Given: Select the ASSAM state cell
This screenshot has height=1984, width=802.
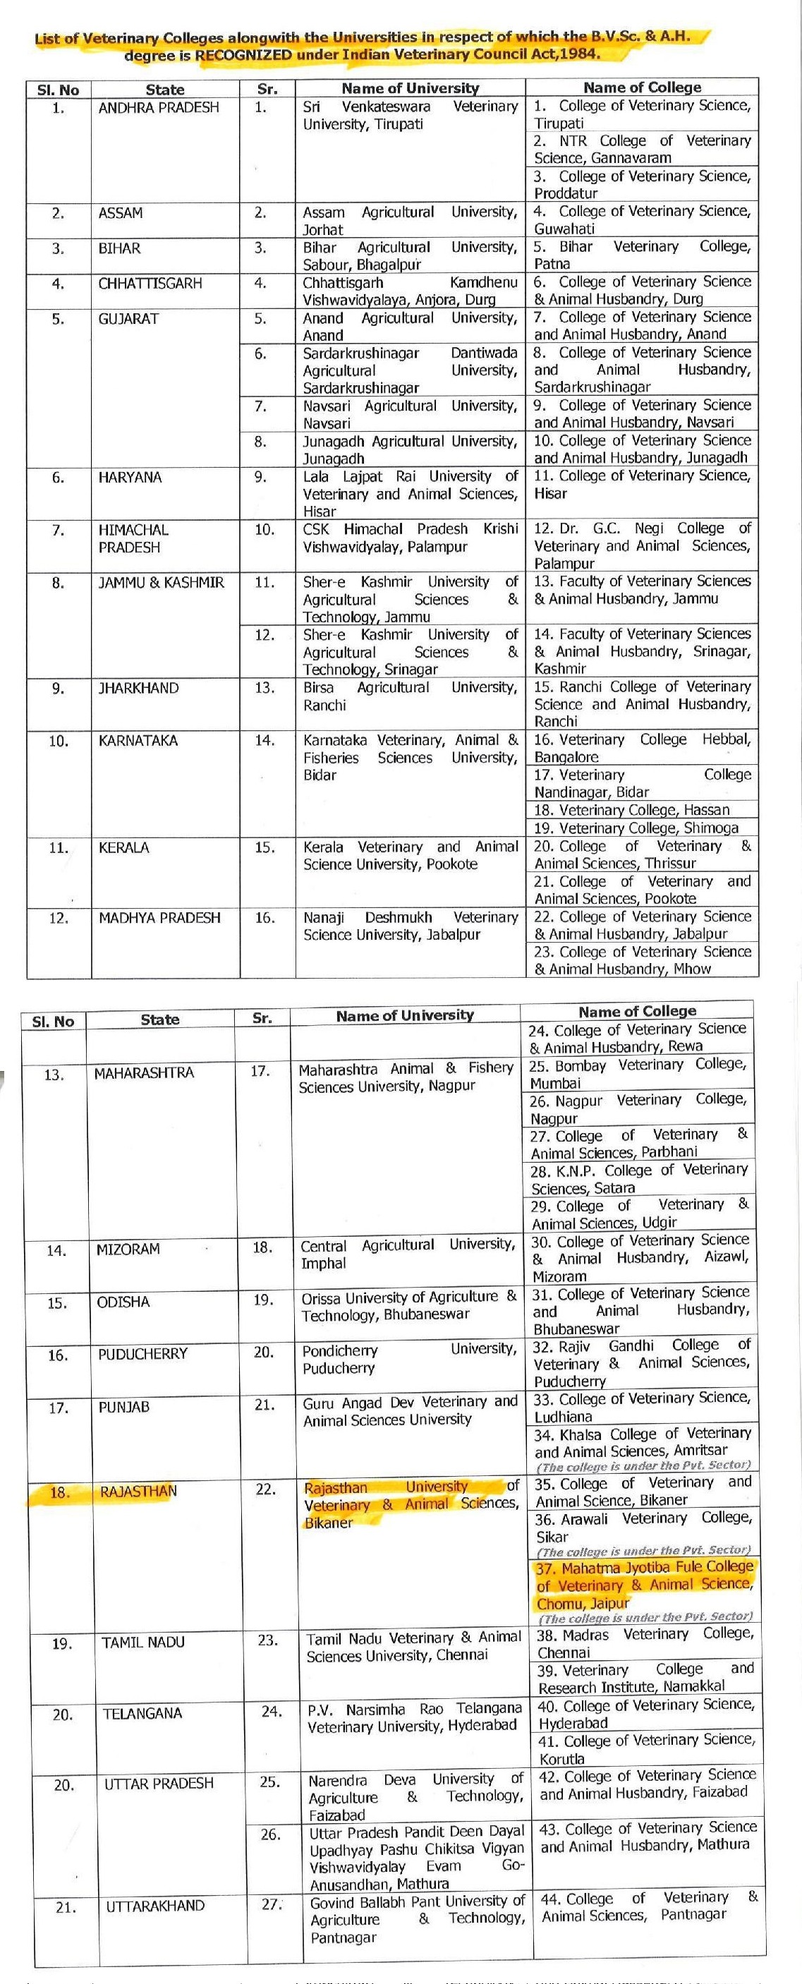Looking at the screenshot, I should click(x=121, y=213).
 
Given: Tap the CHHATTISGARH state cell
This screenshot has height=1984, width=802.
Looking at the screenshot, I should click(x=150, y=284).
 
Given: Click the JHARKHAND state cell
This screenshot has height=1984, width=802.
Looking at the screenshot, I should click(x=138, y=688).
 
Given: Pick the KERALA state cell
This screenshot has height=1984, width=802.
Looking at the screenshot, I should click(x=121, y=847).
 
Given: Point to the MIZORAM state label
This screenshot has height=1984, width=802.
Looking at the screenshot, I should click(x=128, y=1249).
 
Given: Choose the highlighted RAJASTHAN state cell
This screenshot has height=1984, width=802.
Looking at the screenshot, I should click(x=138, y=1491).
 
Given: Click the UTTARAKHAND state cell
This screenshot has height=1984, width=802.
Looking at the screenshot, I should click(x=155, y=1906).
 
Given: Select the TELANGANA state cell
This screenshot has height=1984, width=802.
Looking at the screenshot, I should click(x=142, y=1714).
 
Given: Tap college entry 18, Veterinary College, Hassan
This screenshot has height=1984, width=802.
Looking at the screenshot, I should click(x=632, y=809).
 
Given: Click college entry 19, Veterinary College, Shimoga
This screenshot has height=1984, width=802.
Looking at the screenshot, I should click(x=636, y=828).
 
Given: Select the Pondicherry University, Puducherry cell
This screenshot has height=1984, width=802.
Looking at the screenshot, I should click(x=408, y=1359).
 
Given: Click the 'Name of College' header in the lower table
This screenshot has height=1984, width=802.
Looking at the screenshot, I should click(x=636, y=1011).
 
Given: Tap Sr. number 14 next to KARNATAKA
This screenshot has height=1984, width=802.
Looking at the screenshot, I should click(x=264, y=740).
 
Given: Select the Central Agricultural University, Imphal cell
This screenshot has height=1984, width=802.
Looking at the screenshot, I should click(x=407, y=1254).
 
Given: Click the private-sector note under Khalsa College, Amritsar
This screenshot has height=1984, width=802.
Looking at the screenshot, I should click(x=643, y=1465).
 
